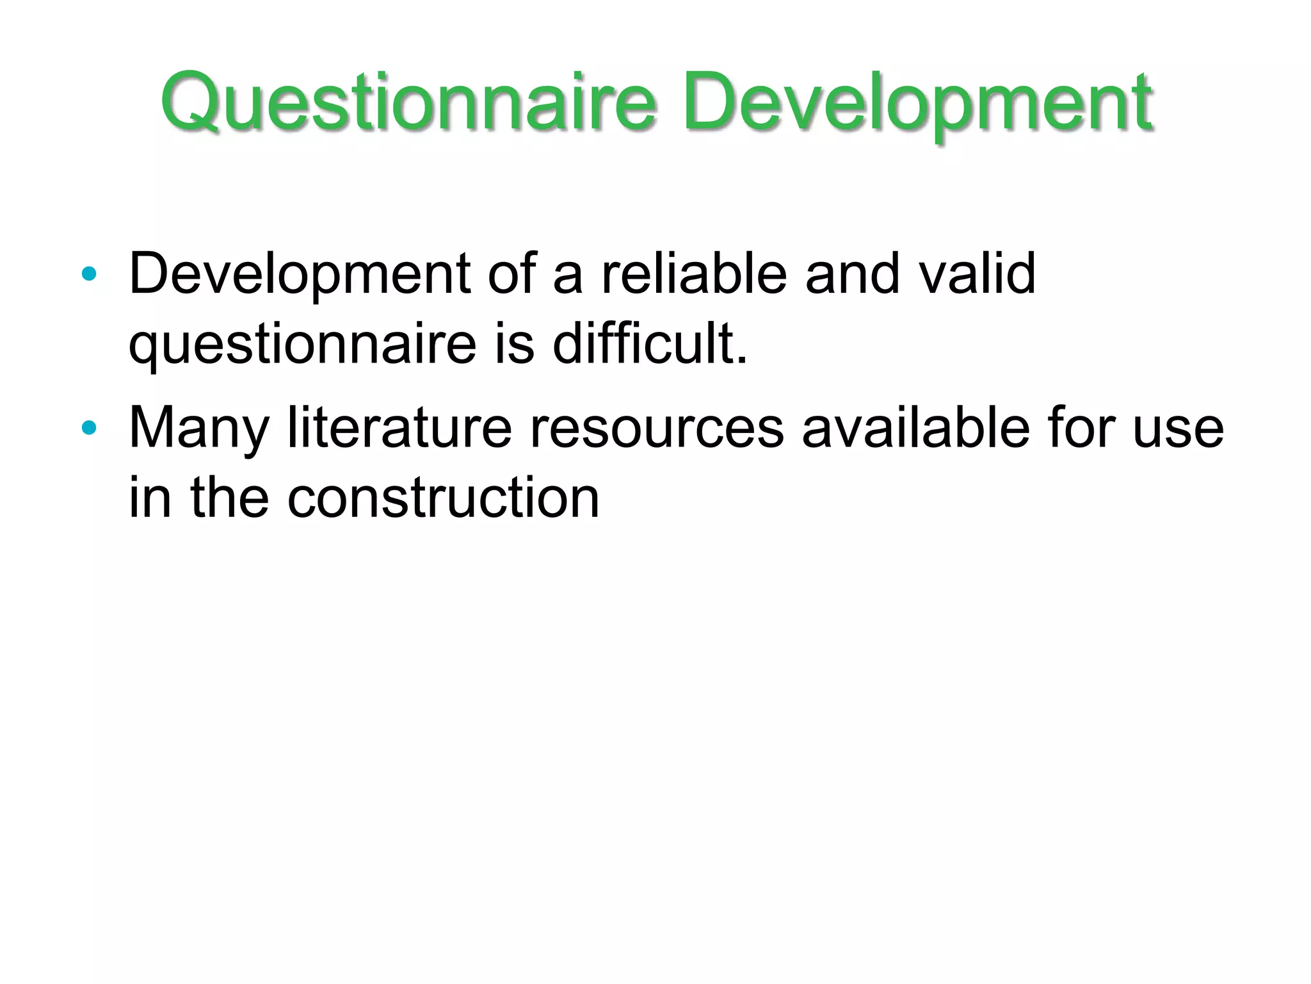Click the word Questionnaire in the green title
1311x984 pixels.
(x=408, y=102)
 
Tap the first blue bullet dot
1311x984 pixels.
(x=89, y=275)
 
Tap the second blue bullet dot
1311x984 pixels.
(x=89, y=427)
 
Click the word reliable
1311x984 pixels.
(x=694, y=274)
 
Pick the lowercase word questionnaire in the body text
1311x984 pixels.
(x=302, y=345)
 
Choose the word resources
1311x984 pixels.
(x=657, y=428)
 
